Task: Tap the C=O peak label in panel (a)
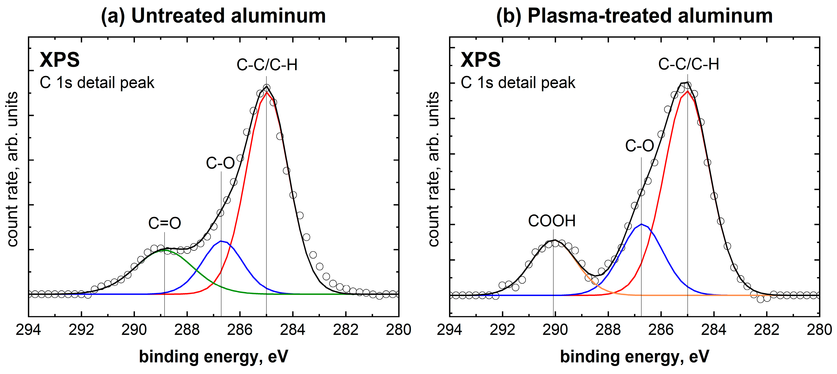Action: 164,223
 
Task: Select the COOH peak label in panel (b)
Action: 552,221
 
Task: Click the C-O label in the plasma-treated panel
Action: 639,146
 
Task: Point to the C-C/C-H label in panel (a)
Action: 267,65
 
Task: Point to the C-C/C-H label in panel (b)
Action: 689,64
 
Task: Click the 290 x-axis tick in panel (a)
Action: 134,330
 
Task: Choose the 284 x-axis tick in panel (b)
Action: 714,330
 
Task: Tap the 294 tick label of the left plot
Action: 29,330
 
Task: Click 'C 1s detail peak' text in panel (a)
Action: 97,83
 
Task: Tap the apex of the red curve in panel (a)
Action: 266,92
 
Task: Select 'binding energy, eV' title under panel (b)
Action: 634,357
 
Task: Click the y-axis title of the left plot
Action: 12,169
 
